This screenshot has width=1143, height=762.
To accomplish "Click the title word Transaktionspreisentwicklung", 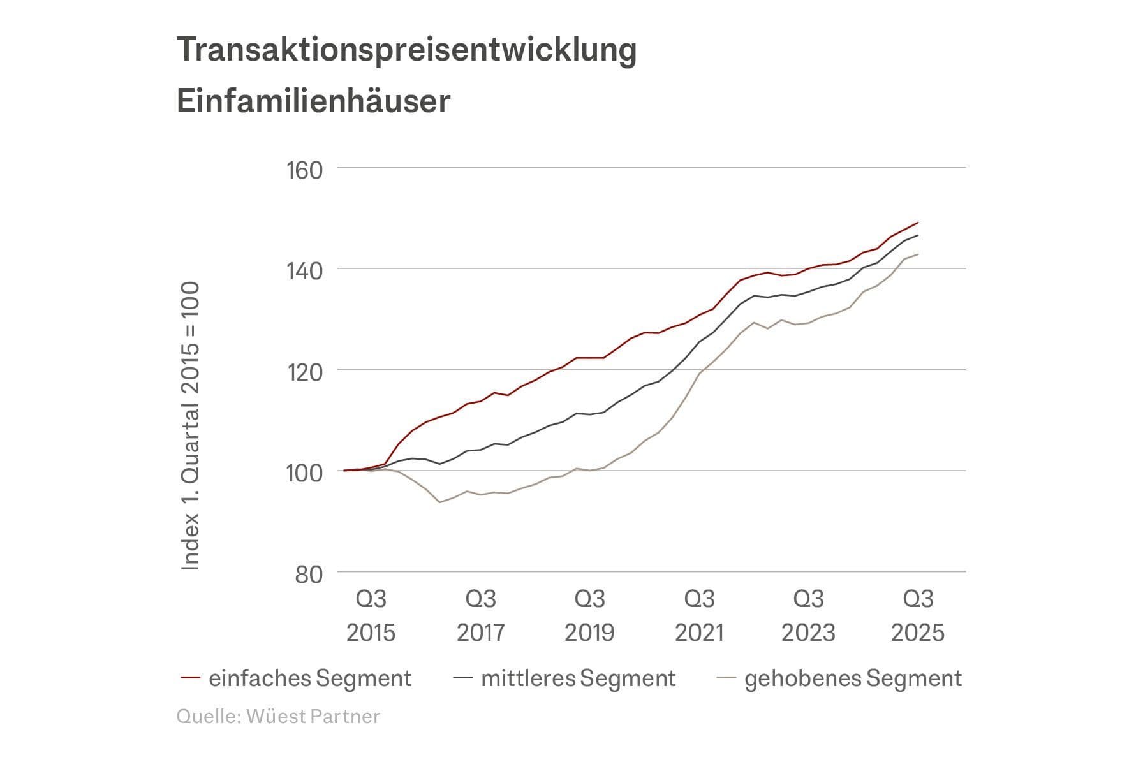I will tap(406, 50).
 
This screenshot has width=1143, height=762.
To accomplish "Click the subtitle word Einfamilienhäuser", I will tap(313, 101).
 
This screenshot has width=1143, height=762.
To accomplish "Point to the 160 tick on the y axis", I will tap(305, 170).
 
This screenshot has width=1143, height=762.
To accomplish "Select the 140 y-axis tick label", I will tap(305, 271).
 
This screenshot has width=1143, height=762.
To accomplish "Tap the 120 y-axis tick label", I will tap(305, 372).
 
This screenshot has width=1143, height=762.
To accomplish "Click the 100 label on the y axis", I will tap(305, 473).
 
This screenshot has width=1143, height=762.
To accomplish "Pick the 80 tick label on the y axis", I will tap(309, 574).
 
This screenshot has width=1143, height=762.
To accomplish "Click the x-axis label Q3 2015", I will tap(371, 615).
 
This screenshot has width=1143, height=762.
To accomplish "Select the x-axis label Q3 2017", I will tap(480, 615).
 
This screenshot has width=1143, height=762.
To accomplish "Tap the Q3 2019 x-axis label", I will tap(589, 615).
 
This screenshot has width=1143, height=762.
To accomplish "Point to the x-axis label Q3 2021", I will tap(699, 615).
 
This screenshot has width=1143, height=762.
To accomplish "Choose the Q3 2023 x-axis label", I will tap(808, 615).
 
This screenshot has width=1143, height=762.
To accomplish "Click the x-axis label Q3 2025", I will tap(917, 615).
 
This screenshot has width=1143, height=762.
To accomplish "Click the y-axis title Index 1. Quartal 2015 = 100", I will tap(191, 426).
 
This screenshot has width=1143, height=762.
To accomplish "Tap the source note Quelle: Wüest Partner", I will tap(278, 716).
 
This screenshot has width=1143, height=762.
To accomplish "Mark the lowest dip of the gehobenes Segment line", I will tap(439, 502).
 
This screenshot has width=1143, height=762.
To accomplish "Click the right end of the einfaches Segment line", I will tap(917, 223).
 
